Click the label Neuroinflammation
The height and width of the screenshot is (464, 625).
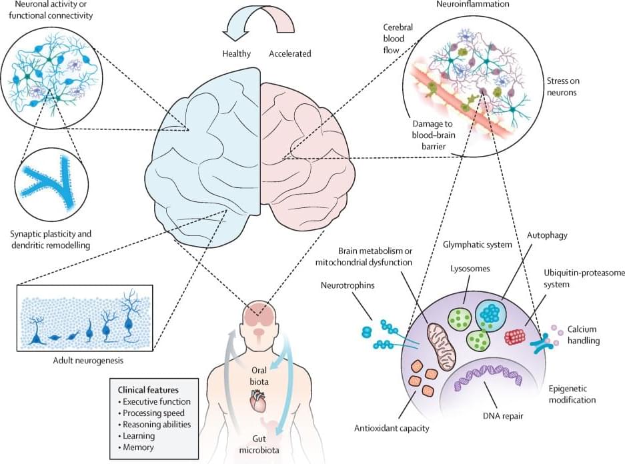(463, 5)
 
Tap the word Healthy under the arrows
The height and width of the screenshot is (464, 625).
(237, 53)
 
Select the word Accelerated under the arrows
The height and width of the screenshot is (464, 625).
(289, 53)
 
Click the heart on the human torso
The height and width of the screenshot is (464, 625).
(258, 401)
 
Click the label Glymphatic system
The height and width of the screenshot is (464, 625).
(478, 245)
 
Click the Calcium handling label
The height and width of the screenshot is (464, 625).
(585, 335)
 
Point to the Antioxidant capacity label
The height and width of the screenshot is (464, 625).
(392, 427)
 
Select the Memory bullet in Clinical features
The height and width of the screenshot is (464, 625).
(139, 447)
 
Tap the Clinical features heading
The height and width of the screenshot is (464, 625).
(148, 389)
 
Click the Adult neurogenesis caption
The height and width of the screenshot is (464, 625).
(85, 361)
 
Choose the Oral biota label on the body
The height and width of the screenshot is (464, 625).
(259, 375)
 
